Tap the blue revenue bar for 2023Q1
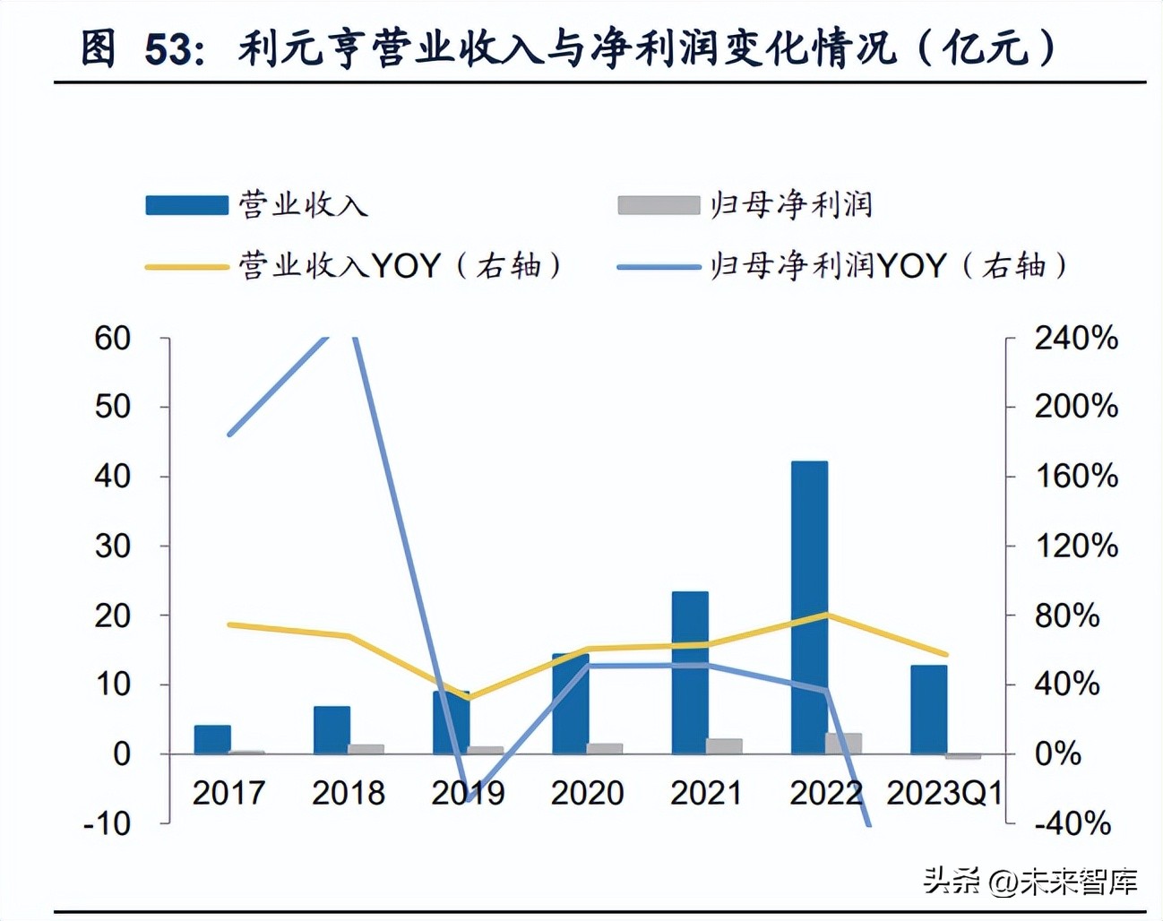pos(928,709)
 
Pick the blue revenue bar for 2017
pos(212,739)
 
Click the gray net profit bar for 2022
pos(843,743)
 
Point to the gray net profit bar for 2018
pos(366,749)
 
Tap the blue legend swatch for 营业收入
pos(187,205)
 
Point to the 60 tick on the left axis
pos(113,338)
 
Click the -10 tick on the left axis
pos(108,822)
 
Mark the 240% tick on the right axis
pos(1076,338)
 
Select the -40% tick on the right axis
pos(1073,822)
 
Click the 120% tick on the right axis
pos(1076,546)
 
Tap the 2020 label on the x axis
pos(587,793)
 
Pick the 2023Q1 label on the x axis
pos(943,793)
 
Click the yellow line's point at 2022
pos(826,615)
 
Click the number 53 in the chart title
pos(168,49)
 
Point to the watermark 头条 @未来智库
pos(1030,881)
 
